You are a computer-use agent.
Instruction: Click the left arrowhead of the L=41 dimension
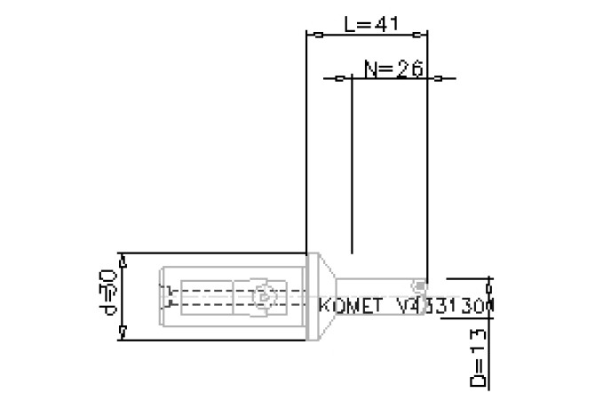click(315, 35)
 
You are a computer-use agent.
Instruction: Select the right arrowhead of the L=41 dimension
click(416, 35)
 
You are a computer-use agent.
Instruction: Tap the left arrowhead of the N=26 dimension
click(339, 78)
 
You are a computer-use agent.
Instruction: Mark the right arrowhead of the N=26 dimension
click(436, 78)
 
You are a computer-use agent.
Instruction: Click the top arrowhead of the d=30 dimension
click(123, 260)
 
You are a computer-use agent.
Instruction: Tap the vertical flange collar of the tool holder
click(311, 295)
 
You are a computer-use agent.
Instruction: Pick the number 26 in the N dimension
click(409, 68)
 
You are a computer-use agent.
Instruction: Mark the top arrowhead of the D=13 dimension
click(487, 281)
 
